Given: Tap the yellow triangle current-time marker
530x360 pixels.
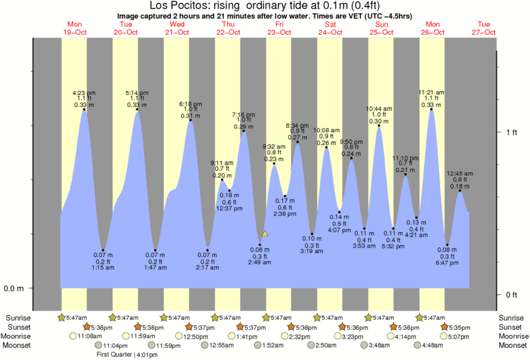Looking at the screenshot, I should (265, 234).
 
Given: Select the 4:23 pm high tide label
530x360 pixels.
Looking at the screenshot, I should (84, 93).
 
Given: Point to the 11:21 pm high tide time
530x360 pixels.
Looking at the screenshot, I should (431, 93).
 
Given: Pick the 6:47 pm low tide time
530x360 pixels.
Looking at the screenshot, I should (447, 263).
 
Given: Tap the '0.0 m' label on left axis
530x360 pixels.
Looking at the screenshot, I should (15, 289).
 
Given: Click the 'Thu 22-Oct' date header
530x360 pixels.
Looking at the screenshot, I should (228, 28).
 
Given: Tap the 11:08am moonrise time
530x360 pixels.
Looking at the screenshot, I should (89, 336).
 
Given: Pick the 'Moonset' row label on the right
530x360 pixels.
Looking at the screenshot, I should (511, 345).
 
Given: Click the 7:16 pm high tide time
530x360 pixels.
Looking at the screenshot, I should (243, 114).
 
